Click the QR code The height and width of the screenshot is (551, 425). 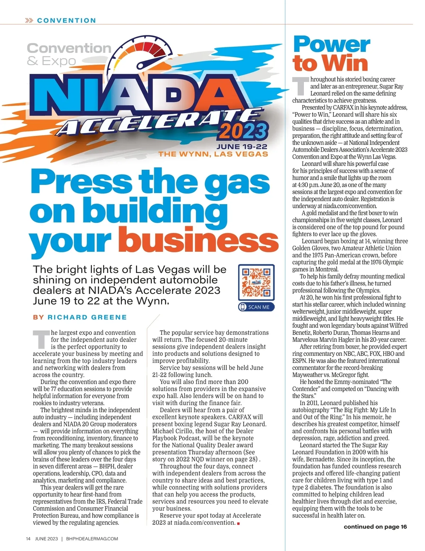point(256,282)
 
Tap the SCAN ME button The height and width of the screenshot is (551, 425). point(256,307)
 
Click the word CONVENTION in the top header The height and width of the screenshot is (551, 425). point(67,21)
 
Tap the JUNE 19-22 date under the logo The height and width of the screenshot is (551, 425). point(242,147)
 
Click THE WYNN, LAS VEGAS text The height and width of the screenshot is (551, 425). point(213,154)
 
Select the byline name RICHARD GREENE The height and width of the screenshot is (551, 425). point(87,317)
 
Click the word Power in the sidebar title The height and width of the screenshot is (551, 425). point(331,45)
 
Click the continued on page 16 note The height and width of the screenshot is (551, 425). point(375,527)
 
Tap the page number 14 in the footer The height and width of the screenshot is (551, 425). point(28,539)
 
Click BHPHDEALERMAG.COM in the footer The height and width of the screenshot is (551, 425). point(92,539)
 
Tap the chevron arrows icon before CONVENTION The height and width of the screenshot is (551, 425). point(29,21)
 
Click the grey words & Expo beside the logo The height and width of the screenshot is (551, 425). point(51,61)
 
